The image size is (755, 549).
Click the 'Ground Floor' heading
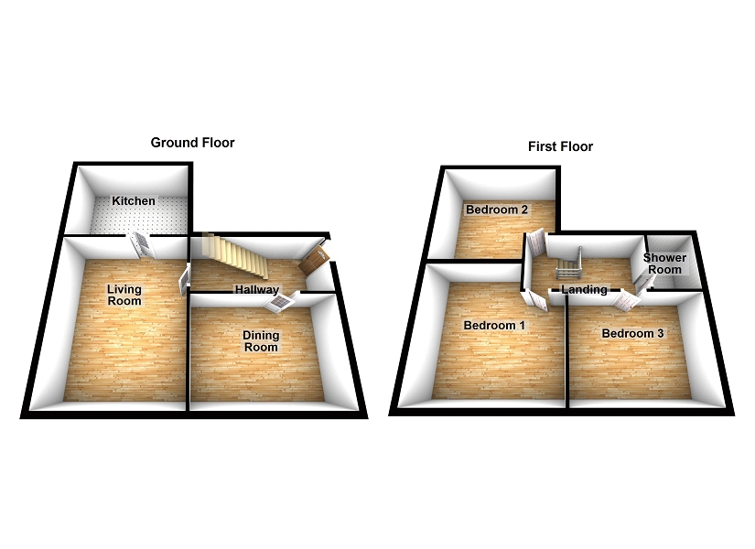(192, 143)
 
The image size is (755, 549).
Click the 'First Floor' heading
(560, 146)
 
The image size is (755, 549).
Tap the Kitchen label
(134, 201)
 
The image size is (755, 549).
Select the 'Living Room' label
(124, 296)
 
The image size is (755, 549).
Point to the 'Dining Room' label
(260, 341)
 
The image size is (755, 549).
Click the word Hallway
(256, 290)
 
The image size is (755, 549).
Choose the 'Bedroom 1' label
(494, 326)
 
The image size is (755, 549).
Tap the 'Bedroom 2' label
(497, 210)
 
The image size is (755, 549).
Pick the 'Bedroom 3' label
(632, 333)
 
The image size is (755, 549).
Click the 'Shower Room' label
(664, 264)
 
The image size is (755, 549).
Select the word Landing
(584, 290)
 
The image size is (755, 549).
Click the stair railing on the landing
(567, 263)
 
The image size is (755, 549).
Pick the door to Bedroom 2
(536, 243)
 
